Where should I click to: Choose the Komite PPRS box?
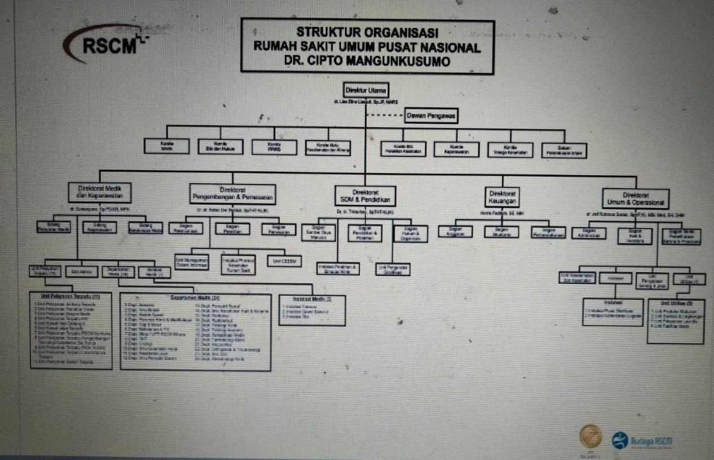[274, 147]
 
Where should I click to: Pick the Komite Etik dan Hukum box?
[221, 147]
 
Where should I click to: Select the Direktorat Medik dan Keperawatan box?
[100, 192]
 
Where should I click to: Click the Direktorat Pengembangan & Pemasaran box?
[232, 194]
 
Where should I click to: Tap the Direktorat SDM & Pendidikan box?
[365, 196]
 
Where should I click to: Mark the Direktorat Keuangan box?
[501, 197]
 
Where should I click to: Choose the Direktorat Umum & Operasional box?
[635, 199]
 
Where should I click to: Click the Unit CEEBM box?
[284, 261]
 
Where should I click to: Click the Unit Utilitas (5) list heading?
[675, 304]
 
